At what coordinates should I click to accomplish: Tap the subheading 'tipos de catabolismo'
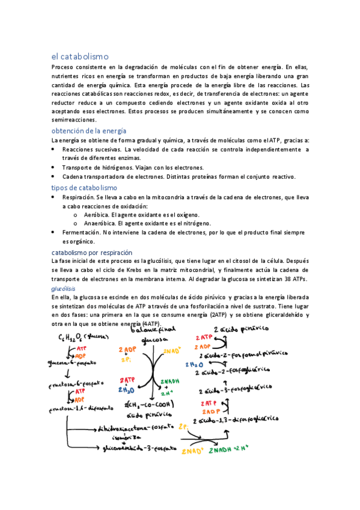[84, 188]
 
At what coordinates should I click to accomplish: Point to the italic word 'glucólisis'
[63, 289]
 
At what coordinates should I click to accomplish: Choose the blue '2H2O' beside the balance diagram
[126, 389]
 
